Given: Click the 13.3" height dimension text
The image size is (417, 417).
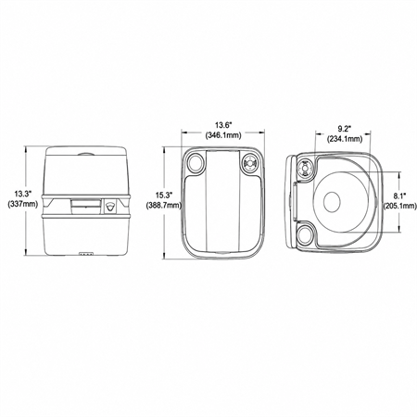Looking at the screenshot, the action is pyautogui.click(x=23, y=194).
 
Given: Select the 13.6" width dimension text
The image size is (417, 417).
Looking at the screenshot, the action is pyautogui.click(x=223, y=125).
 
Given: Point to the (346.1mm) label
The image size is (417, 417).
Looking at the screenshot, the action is pyautogui.click(x=223, y=135).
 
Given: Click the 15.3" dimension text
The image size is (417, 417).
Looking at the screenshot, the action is pyautogui.click(x=164, y=196).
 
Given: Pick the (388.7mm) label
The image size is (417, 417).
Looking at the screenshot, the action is pyautogui.click(x=164, y=205).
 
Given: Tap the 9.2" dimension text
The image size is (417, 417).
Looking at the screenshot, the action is pyautogui.click(x=345, y=129).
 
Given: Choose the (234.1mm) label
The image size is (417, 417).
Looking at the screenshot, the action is pyautogui.click(x=345, y=139).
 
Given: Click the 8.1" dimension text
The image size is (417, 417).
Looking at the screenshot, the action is pyautogui.click(x=400, y=196).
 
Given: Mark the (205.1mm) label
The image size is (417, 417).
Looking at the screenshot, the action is pyautogui.click(x=400, y=206).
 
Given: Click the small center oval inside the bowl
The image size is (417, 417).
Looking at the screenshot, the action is pyautogui.click(x=332, y=202).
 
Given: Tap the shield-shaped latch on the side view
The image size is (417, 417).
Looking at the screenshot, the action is pyautogui.click(x=110, y=206).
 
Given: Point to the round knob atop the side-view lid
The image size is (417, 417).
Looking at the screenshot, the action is pyautogui.click(x=86, y=154).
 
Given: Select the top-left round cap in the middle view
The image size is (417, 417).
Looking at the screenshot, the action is pyautogui.click(x=196, y=162).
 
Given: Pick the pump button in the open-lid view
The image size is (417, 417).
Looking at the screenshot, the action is pyautogui.click(x=305, y=167).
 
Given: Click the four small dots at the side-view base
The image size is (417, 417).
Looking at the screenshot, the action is pyautogui.click(x=86, y=255).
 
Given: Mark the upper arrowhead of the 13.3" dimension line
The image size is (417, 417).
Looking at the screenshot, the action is pyautogui.click(x=26, y=149).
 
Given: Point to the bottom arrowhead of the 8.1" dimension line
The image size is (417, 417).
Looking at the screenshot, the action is pyautogui.click(x=400, y=230).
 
